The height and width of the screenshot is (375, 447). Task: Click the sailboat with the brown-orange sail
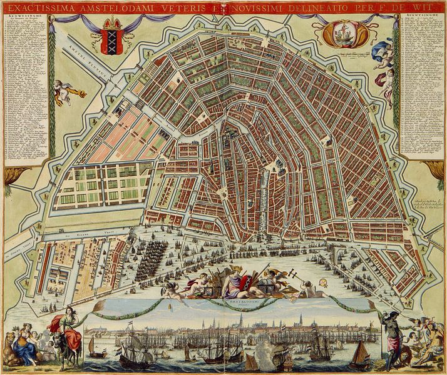(x=361, y=356)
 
